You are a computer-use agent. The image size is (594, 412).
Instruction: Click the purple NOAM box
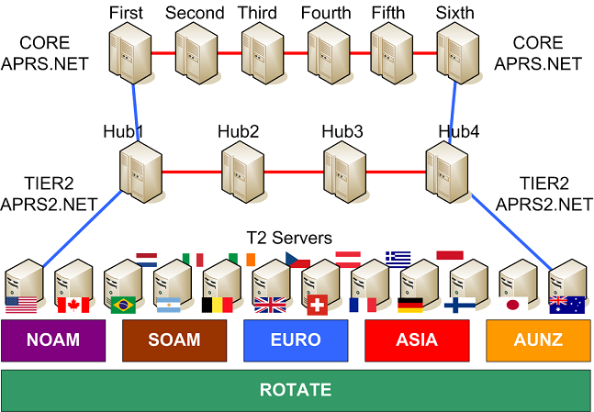[x=52, y=340]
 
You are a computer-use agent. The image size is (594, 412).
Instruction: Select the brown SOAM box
[x=174, y=340]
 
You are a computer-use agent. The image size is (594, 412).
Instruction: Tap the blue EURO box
[x=296, y=340]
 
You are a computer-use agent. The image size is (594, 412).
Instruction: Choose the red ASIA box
[x=416, y=340]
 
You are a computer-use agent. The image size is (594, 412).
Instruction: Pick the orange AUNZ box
[x=537, y=340]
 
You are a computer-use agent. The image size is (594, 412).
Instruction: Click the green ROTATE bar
[x=296, y=390]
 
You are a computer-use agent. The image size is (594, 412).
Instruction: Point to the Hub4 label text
[x=458, y=132]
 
